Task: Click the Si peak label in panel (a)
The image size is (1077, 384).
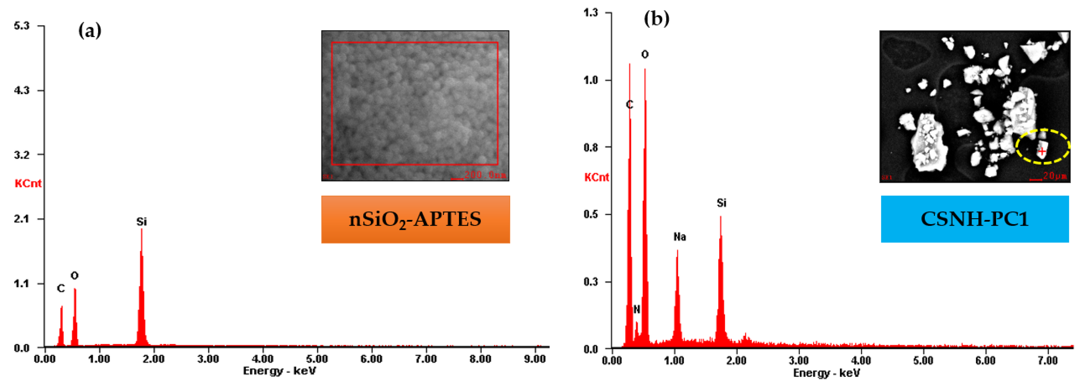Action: (141, 222)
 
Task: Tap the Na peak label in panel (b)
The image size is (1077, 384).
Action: (679, 237)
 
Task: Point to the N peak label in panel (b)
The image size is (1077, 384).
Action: (636, 310)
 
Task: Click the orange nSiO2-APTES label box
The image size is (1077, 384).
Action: (415, 219)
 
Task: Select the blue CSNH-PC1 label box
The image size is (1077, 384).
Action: (975, 219)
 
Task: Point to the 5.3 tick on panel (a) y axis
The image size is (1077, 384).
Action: (22, 26)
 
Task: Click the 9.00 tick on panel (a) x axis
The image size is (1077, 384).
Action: (535, 359)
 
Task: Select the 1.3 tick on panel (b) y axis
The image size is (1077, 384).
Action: (591, 13)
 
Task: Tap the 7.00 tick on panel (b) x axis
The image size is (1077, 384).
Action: (1048, 361)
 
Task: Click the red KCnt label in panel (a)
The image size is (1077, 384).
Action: (28, 183)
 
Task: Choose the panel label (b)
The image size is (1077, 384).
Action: (656, 19)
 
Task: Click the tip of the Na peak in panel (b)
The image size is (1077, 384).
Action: (677, 250)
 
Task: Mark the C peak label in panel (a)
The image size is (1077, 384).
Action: (61, 289)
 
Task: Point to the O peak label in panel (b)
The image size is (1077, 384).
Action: (645, 54)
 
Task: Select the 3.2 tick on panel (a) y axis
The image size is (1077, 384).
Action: (22, 155)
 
